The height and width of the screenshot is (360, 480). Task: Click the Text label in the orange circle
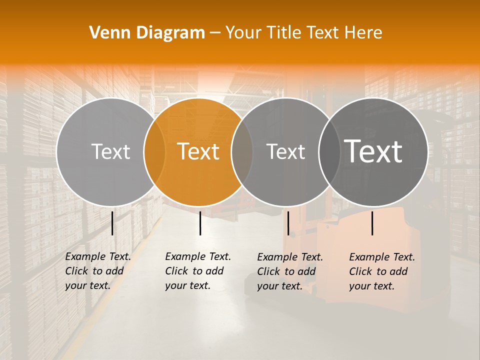pos(198,151)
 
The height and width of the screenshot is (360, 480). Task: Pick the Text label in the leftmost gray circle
pos(110,151)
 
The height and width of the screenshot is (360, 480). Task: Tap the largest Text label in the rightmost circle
pos(373,151)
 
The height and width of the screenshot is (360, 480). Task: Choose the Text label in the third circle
pos(285,151)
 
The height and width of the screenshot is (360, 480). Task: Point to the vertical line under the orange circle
pos(200,223)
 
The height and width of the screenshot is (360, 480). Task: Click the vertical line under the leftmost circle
pos(112,223)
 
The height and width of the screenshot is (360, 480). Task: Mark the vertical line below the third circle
pos(288,223)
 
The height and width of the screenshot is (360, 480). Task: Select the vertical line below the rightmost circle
pos(372,223)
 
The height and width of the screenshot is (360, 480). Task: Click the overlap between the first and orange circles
pos(154,151)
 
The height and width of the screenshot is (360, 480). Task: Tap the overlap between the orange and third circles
pos(242,151)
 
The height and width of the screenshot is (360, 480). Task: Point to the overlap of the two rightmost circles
pos(329,151)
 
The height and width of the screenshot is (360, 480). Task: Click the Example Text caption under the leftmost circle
pos(97,271)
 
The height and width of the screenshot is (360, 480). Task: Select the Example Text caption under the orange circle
pos(197,271)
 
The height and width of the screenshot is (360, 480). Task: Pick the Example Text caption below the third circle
pos(290,271)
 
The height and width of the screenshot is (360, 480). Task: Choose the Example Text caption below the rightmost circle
pos(382,271)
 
